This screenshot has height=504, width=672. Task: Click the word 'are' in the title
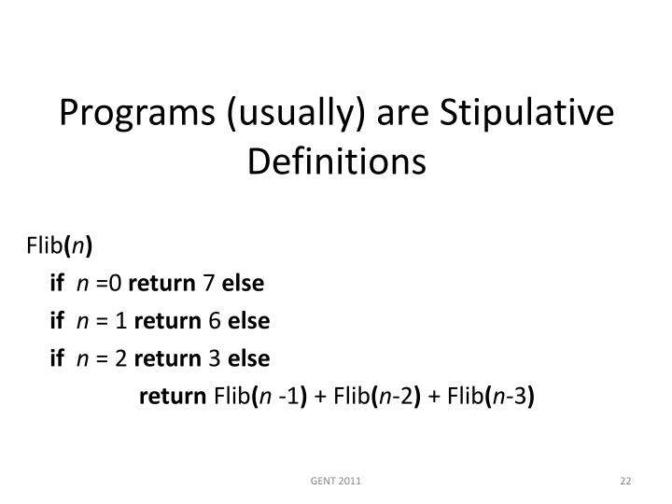(389, 114)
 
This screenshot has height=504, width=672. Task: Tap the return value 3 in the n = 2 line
(214, 358)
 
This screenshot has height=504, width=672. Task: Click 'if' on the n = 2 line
(57, 358)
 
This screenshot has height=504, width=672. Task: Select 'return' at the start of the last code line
(174, 397)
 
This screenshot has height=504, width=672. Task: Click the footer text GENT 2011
(336, 481)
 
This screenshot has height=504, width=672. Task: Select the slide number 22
(626, 481)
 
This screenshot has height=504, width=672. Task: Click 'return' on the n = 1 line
(169, 321)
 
